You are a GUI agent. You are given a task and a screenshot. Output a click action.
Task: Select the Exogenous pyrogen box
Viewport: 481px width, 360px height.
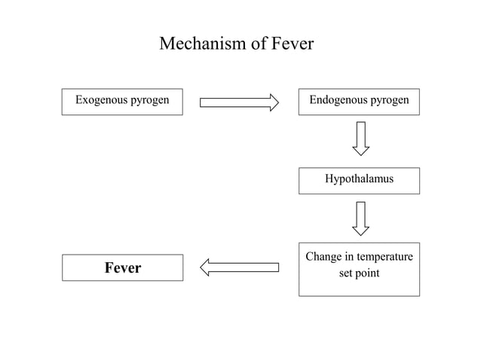[122, 101]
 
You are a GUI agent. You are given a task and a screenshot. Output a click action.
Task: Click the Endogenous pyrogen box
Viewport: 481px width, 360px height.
[359, 101]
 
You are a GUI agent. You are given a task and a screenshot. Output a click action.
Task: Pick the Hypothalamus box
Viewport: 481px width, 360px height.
[359, 180]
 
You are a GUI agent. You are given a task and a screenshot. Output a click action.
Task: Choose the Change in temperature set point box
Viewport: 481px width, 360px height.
[359, 269]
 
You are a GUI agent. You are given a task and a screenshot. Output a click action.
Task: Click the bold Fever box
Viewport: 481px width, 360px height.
[122, 267]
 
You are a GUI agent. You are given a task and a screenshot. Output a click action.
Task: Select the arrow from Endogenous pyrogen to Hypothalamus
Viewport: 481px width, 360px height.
[361, 138]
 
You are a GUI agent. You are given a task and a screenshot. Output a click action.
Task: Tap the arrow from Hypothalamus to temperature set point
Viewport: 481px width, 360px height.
[361, 218]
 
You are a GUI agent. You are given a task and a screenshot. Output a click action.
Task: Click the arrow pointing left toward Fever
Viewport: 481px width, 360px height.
[239, 267]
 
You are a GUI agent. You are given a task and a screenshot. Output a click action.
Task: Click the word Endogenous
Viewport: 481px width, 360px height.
[337, 99]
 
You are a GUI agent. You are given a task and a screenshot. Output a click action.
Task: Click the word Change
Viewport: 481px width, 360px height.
[323, 257]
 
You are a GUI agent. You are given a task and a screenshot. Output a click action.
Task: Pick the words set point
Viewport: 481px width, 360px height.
[359, 273]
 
